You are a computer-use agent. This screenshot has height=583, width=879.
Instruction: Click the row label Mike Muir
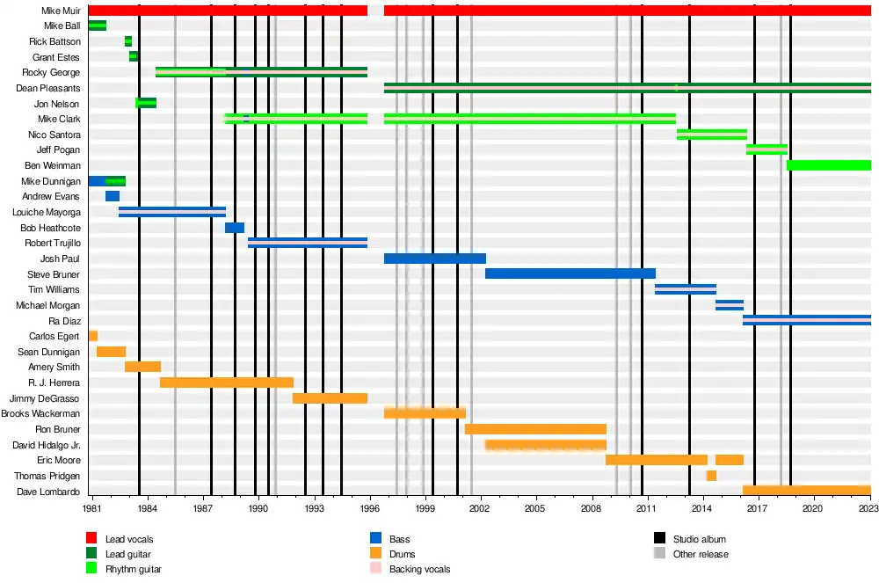click(x=61, y=11)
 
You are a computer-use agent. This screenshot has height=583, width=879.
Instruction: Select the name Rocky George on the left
click(x=51, y=72)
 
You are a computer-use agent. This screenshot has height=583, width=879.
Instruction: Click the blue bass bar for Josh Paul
click(x=434, y=259)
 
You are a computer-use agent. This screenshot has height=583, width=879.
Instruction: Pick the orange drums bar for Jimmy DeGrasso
click(x=330, y=398)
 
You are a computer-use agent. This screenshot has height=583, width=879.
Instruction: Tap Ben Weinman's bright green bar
click(x=828, y=165)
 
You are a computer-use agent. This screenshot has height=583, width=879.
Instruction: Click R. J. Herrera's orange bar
click(x=226, y=383)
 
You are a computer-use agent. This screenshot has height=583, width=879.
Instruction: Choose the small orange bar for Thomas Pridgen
click(x=711, y=476)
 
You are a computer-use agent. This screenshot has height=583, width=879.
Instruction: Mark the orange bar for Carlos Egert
click(x=93, y=336)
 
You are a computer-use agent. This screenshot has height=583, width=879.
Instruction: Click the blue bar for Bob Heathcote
click(x=235, y=228)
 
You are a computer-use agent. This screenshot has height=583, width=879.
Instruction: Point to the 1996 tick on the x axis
click(x=370, y=508)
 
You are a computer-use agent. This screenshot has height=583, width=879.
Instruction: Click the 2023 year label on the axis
click(x=869, y=508)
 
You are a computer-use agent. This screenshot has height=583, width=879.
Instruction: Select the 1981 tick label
click(x=92, y=508)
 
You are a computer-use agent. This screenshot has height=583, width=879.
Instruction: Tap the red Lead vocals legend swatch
click(x=91, y=538)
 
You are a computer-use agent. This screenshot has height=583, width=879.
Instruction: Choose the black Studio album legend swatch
click(x=659, y=538)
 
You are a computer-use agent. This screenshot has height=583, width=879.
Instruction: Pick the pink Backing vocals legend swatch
click(x=375, y=569)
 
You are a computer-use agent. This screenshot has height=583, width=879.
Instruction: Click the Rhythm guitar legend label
click(x=133, y=569)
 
